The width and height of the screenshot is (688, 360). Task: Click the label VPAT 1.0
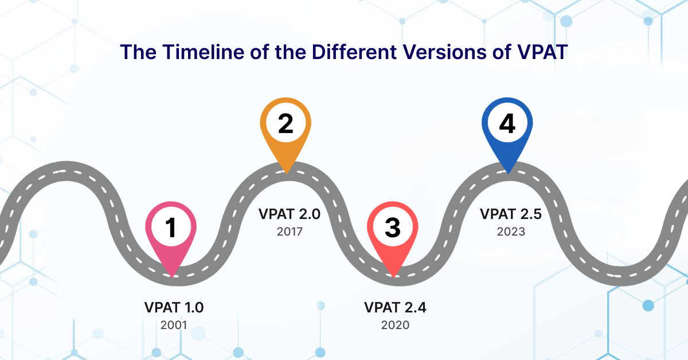pos(174,307)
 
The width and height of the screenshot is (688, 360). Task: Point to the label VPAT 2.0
pos(290,214)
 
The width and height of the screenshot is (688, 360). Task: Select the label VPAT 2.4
pos(395,307)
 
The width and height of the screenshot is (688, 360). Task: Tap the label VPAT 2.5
pos(511,214)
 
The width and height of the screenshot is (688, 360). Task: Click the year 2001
pos(174,325)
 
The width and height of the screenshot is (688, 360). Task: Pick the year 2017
pos(290,232)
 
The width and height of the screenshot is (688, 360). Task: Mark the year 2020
pos(395,325)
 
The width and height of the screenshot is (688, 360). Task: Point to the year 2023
pos(511,232)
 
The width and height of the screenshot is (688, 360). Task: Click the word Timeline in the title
pos(204,52)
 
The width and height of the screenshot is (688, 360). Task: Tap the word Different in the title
pos(354,52)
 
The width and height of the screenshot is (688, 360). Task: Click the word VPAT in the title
pos(542,52)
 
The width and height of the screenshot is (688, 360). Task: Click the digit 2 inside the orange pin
pos(286,123)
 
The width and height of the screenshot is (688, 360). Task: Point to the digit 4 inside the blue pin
pos(507,123)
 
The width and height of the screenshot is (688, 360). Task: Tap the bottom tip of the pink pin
pos(171,277)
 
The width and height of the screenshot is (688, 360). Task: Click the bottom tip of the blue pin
pos(508,174)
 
